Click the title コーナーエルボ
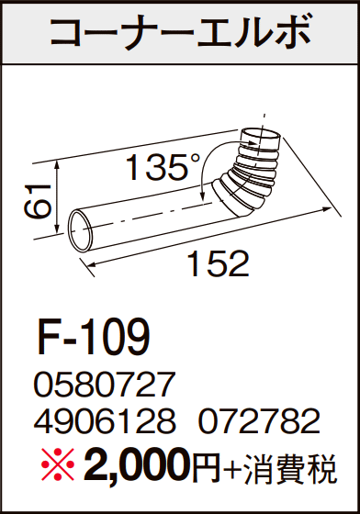click(180, 32)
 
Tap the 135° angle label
click(163, 167)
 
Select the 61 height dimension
click(37, 201)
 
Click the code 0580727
click(103, 385)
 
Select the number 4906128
click(105, 421)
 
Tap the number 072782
click(259, 421)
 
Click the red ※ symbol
click(58, 465)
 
